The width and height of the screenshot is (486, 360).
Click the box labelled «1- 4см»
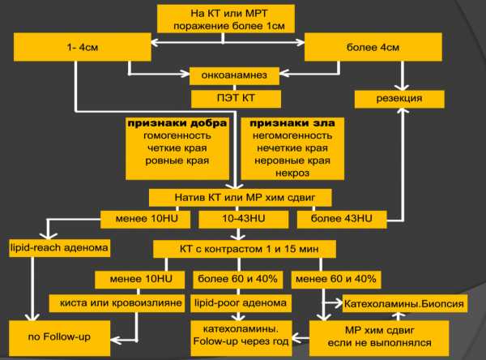[x=83, y=47]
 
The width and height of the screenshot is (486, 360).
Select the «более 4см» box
[x=373, y=47]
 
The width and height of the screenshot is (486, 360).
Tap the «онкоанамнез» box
[x=234, y=75]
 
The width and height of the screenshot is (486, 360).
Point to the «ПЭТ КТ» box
[x=236, y=99]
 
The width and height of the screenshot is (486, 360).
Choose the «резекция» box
[x=399, y=99]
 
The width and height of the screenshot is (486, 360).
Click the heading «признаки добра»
[x=177, y=123]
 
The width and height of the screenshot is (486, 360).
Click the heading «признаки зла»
[x=292, y=123]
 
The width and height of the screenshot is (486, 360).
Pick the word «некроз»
[x=292, y=173]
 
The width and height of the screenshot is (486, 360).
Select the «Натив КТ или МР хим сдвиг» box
[x=241, y=198]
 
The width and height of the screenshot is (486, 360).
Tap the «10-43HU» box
[x=244, y=219]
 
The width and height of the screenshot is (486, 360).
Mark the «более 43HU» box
[x=342, y=219]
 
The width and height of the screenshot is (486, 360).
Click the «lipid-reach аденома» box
[x=59, y=248]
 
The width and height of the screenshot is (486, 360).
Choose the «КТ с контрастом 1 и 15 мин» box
[x=245, y=249]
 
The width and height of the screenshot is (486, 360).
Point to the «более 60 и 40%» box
[x=237, y=280]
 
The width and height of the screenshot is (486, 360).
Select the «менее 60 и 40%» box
[x=336, y=280]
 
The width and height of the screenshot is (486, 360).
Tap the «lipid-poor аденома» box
[x=241, y=303]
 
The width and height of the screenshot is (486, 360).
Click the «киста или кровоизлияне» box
[x=117, y=303]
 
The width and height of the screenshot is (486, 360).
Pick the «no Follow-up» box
[x=59, y=338]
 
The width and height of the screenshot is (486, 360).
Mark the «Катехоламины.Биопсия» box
[x=404, y=303]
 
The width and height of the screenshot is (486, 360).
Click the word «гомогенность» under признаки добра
[x=177, y=135]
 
